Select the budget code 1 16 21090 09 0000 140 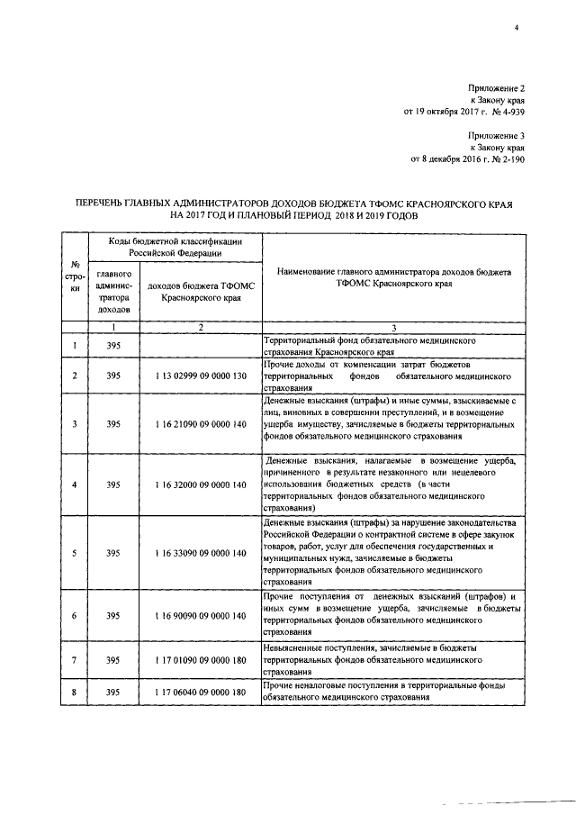point(200,422)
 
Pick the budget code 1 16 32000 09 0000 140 point(200,484)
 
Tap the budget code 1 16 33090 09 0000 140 point(200,552)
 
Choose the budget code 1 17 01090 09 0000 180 point(200,660)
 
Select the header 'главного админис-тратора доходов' point(113,291)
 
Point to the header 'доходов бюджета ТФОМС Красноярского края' point(200,291)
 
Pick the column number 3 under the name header point(393,326)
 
